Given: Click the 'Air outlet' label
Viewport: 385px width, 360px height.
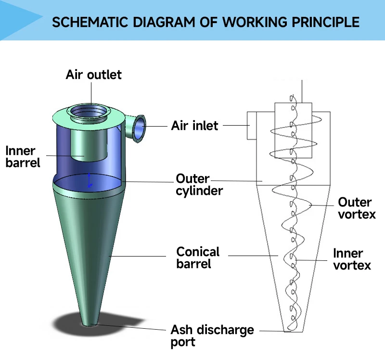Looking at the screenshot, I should (x=94, y=75).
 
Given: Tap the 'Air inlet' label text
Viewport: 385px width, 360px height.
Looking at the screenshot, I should (x=194, y=126).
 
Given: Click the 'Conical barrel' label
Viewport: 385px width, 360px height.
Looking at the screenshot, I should (x=198, y=257).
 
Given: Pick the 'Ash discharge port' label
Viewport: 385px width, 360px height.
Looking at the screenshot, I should (x=212, y=336).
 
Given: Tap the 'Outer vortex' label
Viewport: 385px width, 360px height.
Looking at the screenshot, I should (x=357, y=208).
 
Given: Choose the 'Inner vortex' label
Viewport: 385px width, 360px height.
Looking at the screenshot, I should (x=352, y=259).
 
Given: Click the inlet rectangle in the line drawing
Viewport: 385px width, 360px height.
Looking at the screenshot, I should (x=251, y=126).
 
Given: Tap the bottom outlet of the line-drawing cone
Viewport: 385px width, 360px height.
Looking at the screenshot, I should (x=288, y=331).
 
